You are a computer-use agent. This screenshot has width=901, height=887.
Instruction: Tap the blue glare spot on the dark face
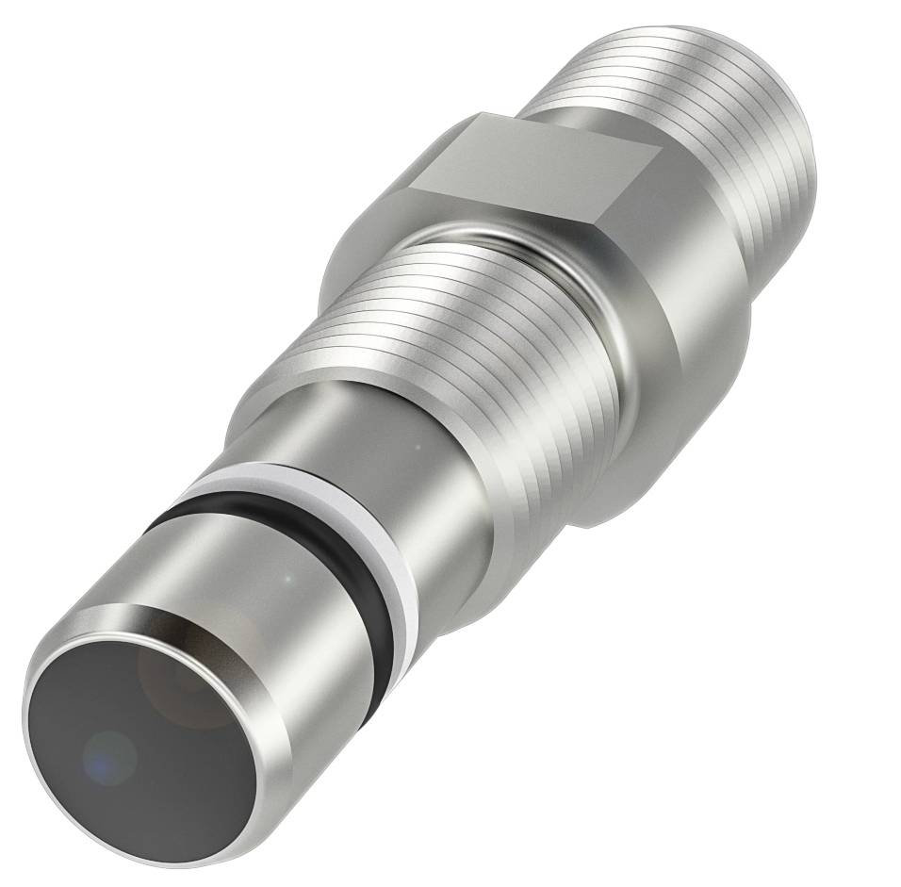tap(109, 755)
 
